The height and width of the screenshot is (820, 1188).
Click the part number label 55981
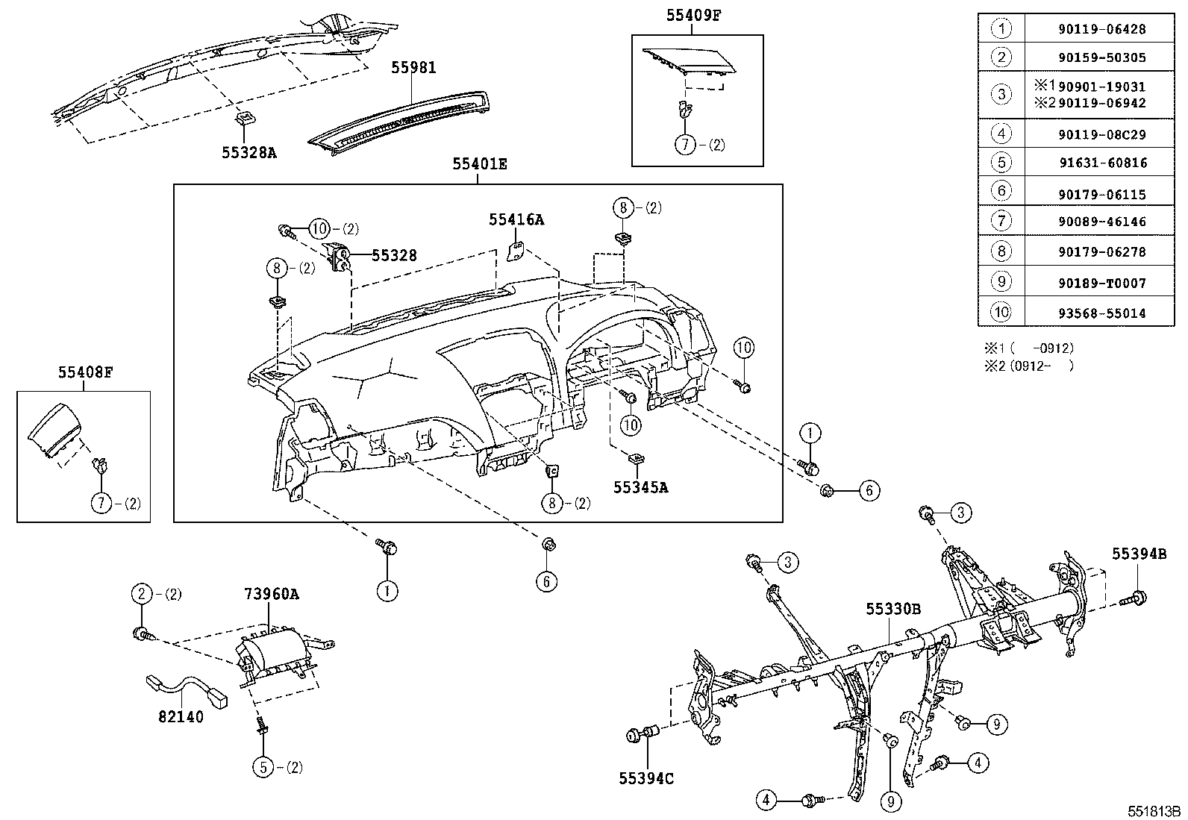click(413, 68)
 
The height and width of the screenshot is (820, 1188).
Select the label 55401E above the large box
click(479, 163)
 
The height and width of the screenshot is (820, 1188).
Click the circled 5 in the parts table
click(1001, 162)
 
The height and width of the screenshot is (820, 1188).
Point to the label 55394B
click(1139, 554)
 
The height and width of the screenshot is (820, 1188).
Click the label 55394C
click(645, 779)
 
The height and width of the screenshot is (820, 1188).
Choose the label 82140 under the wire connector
click(181, 716)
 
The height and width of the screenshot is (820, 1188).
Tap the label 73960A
click(271, 594)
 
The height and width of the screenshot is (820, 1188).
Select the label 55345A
click(640, 487)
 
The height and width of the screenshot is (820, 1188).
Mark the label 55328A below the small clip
click(249, 152)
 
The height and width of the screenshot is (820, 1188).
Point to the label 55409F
click(694, 14)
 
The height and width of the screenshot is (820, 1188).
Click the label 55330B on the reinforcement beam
click(893, 609)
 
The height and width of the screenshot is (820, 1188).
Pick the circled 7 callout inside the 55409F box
click(685, 145)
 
